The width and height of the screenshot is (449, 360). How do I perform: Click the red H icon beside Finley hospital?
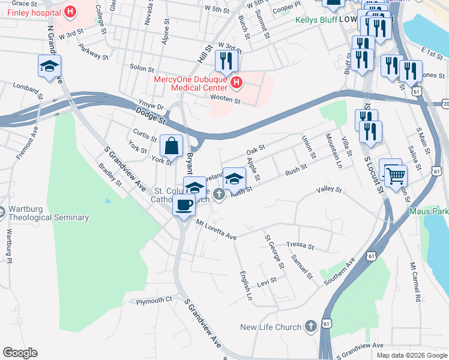point(71,11)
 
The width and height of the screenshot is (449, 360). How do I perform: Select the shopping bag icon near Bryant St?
point(172,145)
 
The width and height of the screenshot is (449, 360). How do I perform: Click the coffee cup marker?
point(184,205)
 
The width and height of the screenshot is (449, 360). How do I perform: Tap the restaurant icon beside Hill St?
point(226,61)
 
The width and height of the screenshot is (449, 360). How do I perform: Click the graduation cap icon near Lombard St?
point(49,65)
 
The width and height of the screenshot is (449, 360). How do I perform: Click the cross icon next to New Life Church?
point(310,326)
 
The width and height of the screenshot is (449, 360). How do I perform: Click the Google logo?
point(20,352)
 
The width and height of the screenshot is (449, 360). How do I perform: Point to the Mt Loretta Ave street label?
point(216,231)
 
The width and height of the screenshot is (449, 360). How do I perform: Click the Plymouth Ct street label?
point(154,300)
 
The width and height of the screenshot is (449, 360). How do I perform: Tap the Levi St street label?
point(267,280)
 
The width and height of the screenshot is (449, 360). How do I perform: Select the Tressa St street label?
point(300,245)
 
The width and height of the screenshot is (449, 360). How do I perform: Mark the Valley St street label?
point(329,190)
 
